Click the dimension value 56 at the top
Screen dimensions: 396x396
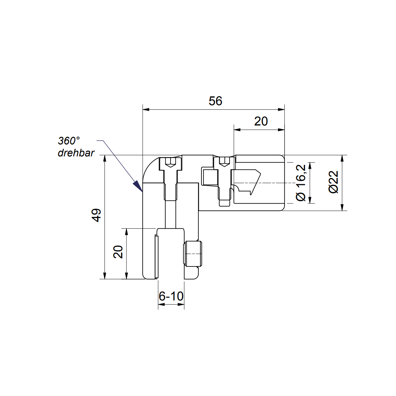pyautogui.click(x=216, y=101)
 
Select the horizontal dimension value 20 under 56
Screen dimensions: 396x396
pyautogui.click(x=261, y=121)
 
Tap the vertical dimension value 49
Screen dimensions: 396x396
pyautogui.click(x=97, y=215)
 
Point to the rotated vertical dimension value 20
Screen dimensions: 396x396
pyautogui.click(x=118, y=252)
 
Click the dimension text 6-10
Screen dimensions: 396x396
pyautogui.click(x=171, y=296)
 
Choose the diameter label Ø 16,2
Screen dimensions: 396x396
pyautogui.click(x=301, y=183)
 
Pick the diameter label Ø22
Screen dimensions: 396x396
pyautogui.click(x=333, y=182)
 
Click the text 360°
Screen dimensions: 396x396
pyautogui.click(x=69, y=141)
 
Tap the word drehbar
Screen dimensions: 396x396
pyautogui.click(x=76, y=153)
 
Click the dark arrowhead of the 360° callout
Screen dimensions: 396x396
pyautogui.click(x=138, y=186)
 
